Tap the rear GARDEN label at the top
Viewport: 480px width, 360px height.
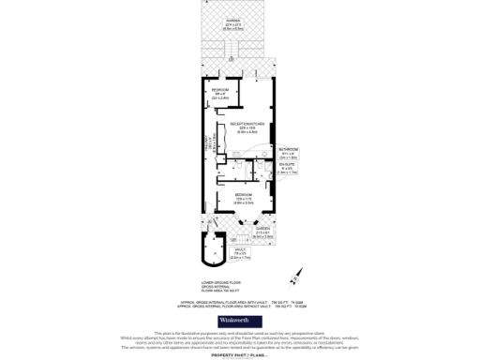tap(239, 23)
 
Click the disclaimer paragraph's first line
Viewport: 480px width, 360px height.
tap(239, 332)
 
